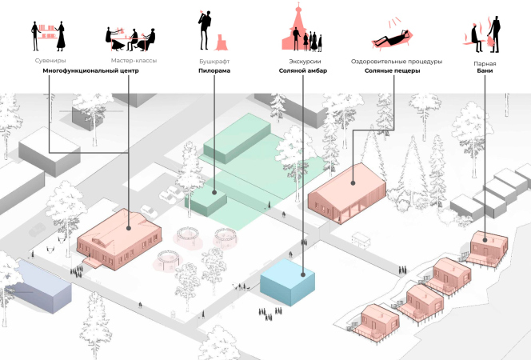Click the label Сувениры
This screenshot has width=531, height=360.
pos(50,61)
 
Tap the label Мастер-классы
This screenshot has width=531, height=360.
pos(134,61)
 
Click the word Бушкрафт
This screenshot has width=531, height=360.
pos(214,61)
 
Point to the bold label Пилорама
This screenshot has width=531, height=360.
pos(214,71)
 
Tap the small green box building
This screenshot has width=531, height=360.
pos(210,200)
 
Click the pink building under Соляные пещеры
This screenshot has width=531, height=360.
pos(348,194)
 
